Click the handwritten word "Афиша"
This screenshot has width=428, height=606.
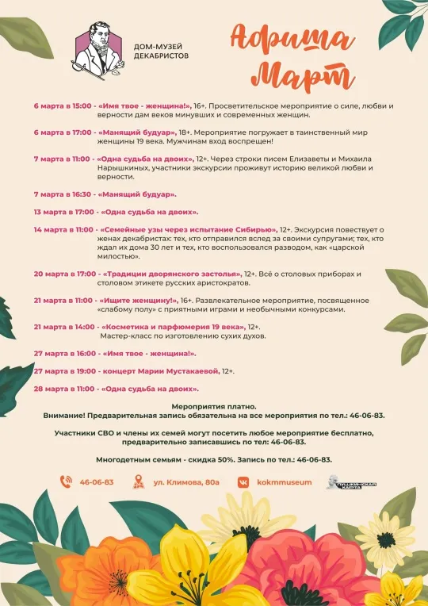click(294, 37)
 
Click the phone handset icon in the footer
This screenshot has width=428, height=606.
click(67, 481)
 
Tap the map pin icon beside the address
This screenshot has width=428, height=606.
click(139, 481)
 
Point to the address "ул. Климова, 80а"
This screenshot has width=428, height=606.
click(187, 481)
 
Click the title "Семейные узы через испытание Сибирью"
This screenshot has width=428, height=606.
click(187, 229)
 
